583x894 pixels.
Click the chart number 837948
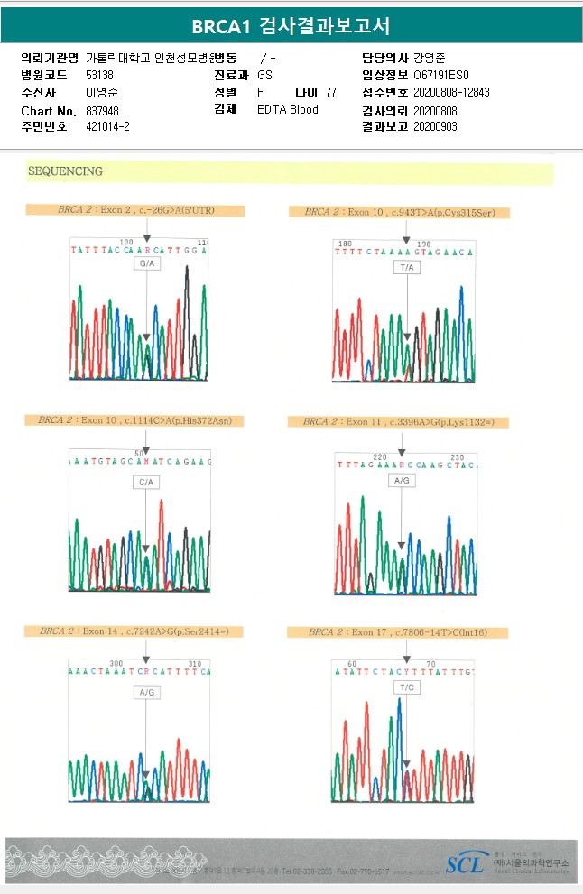click(102, 111)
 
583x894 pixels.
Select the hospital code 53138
click(99, 76)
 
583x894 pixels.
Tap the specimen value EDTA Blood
click(288, 110)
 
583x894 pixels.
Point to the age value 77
click(330, 93)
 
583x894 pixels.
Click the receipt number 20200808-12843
click(450, 93)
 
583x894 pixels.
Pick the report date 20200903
click(435, 127)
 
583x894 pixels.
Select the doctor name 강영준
click(429, 59)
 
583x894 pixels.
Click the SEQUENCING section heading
click(65, 171)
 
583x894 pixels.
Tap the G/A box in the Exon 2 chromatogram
click(146, 263)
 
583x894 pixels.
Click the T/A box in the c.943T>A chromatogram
click(407, 268)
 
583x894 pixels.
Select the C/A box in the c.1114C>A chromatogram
click(145, 483)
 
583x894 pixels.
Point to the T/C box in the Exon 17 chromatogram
click(406, 687)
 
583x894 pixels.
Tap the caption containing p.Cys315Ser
click(399, 213)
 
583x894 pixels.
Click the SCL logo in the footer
click(465, 864)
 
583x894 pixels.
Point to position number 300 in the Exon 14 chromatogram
click(116, 663)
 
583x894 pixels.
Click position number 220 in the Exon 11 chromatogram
click(379, 457)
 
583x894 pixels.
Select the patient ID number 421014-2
click(108, 127)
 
